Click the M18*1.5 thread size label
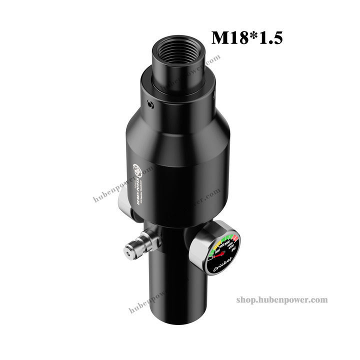[247, 37]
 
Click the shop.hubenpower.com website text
[281, 299]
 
